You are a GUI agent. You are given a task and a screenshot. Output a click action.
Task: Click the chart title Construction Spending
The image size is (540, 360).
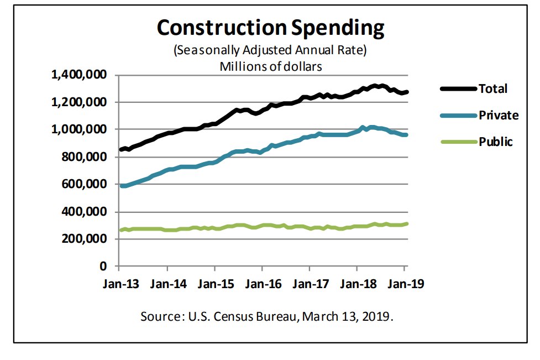(270, 27)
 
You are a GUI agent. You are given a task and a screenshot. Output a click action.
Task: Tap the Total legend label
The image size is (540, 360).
(492, 88)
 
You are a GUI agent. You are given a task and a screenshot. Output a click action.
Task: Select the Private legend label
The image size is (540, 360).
(499, 116)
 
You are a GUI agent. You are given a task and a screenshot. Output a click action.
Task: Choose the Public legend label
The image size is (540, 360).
(496, 142)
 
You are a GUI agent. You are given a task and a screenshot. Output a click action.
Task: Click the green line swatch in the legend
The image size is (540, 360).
(458, 142)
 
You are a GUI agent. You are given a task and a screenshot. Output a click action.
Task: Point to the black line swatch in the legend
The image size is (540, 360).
(458, 88)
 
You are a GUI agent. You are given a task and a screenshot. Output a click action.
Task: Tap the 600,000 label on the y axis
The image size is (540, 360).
(87, 185)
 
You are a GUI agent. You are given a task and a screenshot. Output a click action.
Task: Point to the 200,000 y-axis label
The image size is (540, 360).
(87, 239)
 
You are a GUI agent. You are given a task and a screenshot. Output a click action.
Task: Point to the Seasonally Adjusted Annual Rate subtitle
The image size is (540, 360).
(270, 51)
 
